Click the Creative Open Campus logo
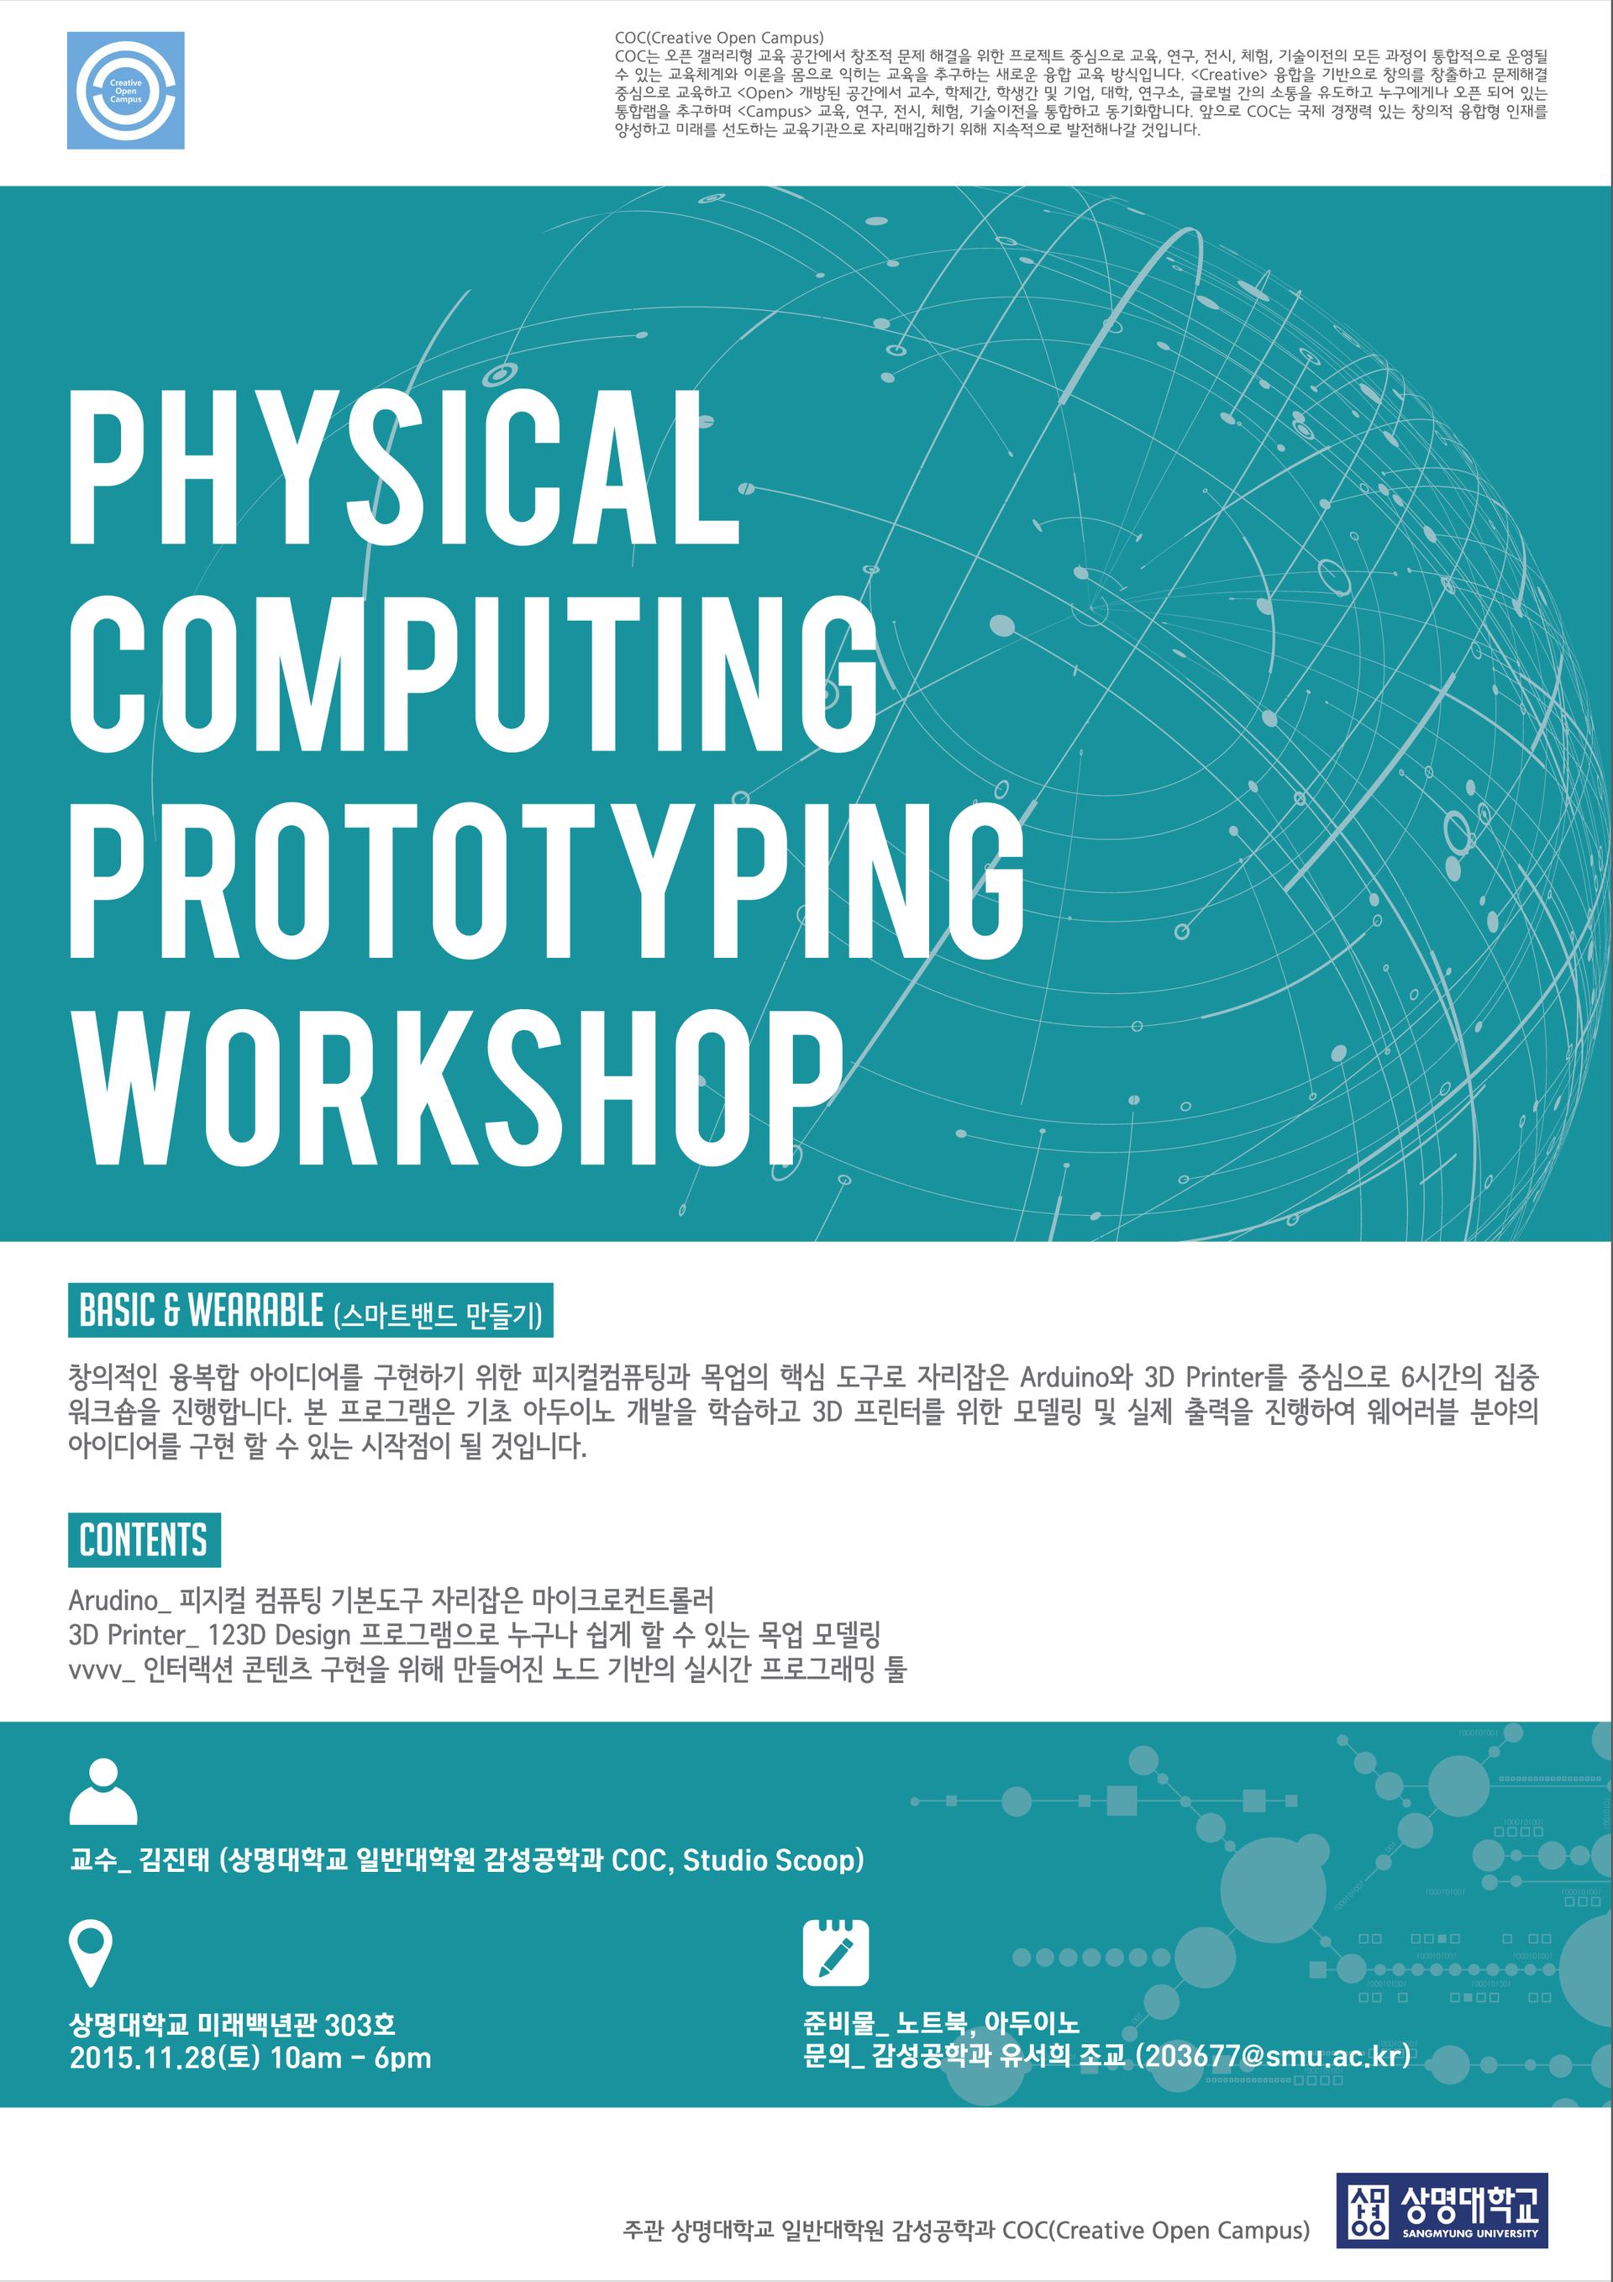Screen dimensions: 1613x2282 point(125,91)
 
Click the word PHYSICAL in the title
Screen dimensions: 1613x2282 point(404,466)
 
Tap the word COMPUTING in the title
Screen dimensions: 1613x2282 point(473,673)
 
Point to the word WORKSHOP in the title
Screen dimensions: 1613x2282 point(456,1087)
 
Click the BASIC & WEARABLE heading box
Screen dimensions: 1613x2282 point(310,1311)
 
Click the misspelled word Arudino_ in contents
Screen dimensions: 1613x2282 point(119,1601)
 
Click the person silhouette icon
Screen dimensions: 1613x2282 point(103,1791)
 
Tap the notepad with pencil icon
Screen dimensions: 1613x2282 point(836,1952)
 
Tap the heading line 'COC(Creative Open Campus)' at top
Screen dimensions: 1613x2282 point(718,38)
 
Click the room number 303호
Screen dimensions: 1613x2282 point(360,2025)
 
